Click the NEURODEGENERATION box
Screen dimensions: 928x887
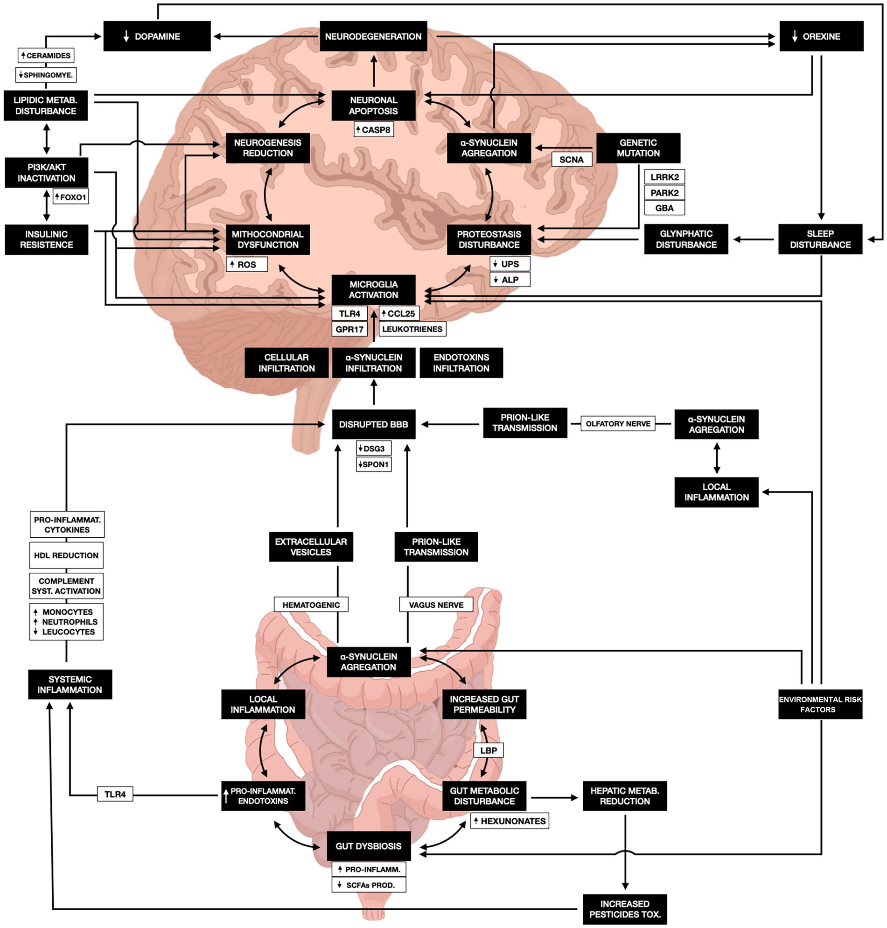point(373,36)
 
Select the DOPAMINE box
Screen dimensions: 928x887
point(157,36)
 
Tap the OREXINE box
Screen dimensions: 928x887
point(821,36)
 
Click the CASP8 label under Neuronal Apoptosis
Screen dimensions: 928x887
point(374,130)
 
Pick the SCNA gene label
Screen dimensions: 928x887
point(571,159)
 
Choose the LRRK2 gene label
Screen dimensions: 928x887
point(664,177)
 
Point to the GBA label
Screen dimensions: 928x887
point(664,208)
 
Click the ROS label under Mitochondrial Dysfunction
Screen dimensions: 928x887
point(247,264)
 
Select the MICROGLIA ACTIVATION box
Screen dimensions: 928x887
point(373,289)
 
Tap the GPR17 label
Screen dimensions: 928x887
point(349,329)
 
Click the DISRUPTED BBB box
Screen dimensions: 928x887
point(373,424)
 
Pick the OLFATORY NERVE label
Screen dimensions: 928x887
point(617,424)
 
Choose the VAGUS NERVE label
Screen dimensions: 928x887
point(436,605)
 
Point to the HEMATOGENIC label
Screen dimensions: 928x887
point(311,605)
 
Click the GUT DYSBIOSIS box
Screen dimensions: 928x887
point(368,846)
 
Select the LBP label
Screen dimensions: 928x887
point(489,750)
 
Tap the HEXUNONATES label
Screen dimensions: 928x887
point(509,821)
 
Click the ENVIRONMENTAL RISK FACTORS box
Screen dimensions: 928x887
point(820,704)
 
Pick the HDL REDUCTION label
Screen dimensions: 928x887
point(66,555)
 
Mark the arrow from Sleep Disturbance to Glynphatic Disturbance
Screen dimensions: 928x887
point(754,239)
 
